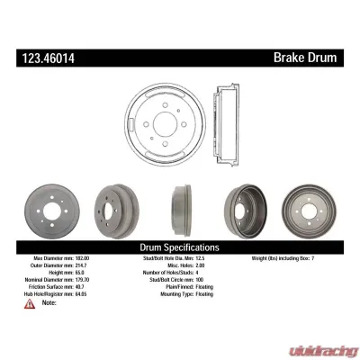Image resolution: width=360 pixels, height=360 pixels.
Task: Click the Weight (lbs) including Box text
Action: click(274, 258)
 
